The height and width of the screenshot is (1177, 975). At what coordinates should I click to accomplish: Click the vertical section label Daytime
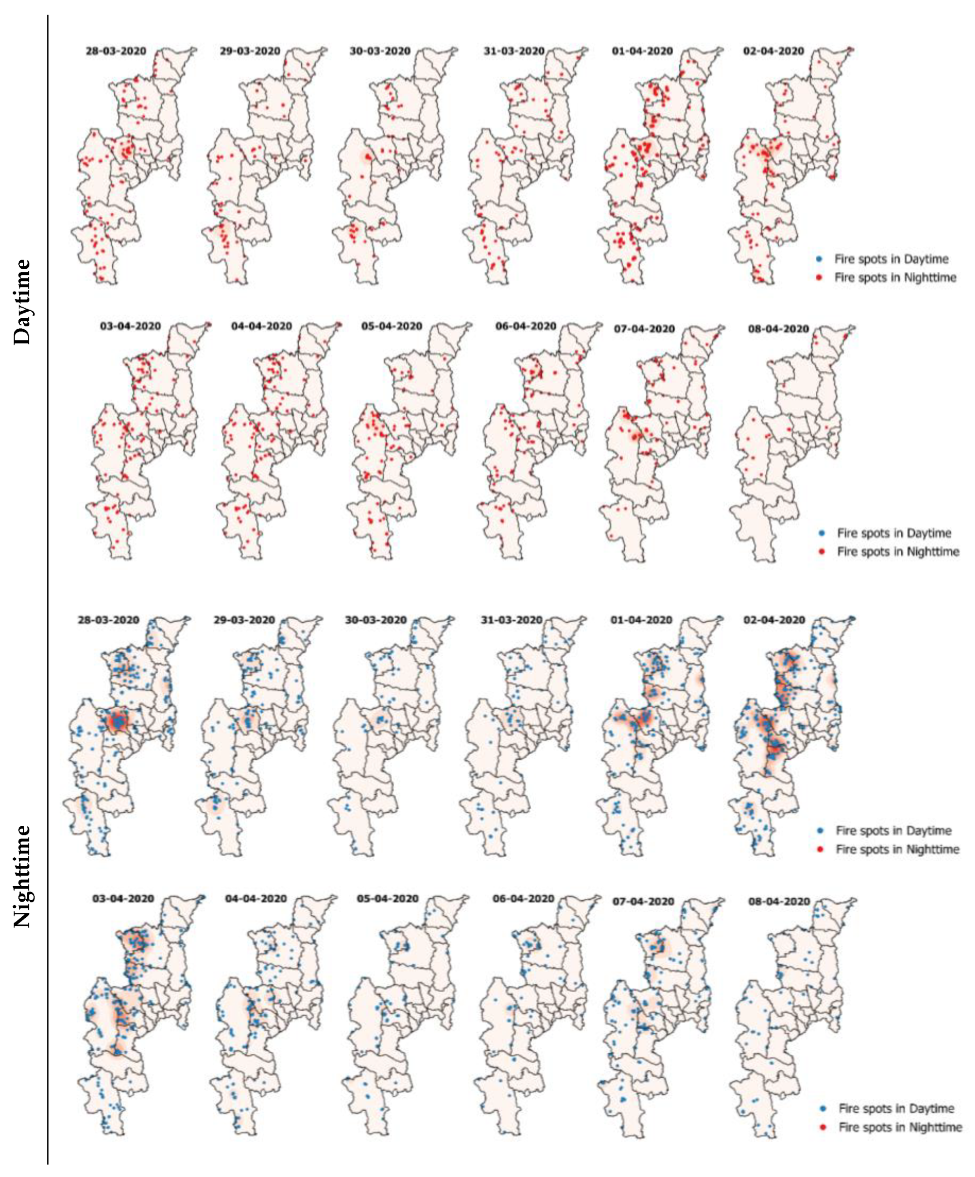coord(22,302)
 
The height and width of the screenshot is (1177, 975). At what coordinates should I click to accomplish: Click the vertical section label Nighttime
coord(22,875)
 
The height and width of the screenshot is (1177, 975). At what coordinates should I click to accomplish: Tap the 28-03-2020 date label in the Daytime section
coord(116,51)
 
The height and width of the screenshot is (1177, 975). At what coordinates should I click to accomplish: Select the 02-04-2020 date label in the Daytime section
coord(774,51)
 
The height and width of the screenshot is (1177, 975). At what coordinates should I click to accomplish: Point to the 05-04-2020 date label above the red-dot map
coord(391,326)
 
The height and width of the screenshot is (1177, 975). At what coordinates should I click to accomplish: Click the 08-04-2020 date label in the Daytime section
coord(779,329)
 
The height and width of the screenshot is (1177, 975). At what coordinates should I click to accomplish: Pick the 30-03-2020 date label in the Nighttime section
coord(376,620)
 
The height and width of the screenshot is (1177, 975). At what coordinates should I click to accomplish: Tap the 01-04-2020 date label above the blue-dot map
coord(641,620)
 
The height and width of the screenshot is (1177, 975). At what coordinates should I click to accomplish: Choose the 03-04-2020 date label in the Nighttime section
coord(123,899)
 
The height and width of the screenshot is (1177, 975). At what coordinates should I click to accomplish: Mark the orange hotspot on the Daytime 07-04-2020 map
coord(635,435)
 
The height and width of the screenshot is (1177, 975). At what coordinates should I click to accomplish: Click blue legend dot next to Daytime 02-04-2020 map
coord(819,260)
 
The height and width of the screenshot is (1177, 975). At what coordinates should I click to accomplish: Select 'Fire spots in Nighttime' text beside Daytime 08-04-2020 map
coord(898,552)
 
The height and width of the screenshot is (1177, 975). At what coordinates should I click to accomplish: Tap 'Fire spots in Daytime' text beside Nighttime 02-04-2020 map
coord(893,830)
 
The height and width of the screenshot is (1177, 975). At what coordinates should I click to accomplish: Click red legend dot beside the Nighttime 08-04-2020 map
coord(822,1127)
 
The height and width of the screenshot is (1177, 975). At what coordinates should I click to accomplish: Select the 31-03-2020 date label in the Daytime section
coord(514,51)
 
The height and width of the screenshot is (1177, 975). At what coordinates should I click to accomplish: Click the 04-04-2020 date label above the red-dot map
coord(261,326)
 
